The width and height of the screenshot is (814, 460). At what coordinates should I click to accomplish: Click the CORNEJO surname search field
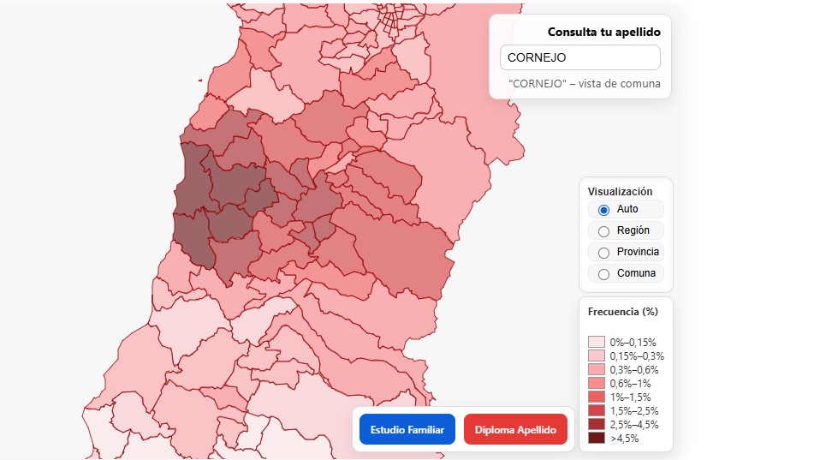pos(579,57)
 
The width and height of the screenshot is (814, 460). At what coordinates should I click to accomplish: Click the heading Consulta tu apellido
pos(603,32)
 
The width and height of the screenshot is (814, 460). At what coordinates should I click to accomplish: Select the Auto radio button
pos(603,210)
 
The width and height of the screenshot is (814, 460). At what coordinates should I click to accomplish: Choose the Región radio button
pos(603,231)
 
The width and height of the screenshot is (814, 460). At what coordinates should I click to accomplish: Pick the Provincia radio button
pos(603,253)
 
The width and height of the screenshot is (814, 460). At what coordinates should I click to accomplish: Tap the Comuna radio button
pos(603,274)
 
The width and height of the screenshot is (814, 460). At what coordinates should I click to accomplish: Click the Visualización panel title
pos(620,192)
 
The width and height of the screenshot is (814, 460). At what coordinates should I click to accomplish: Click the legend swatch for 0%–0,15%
pos(597,342)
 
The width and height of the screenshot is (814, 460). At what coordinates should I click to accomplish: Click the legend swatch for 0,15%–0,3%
pos(597,355)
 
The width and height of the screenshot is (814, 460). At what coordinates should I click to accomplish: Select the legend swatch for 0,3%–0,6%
pos(597,369)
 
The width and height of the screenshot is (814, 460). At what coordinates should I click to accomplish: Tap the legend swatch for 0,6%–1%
pos(597,383)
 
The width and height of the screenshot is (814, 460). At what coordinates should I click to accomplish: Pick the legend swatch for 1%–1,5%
pos(597,397)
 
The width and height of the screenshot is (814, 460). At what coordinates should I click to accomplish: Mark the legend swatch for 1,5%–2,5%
pos(597,410)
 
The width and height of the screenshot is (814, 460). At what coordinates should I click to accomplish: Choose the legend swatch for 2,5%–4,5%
pos(597,424)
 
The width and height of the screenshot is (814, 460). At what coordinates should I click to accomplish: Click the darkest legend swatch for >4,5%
pos(597,438)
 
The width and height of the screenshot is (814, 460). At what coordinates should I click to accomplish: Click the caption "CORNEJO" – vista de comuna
pos(584,84)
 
